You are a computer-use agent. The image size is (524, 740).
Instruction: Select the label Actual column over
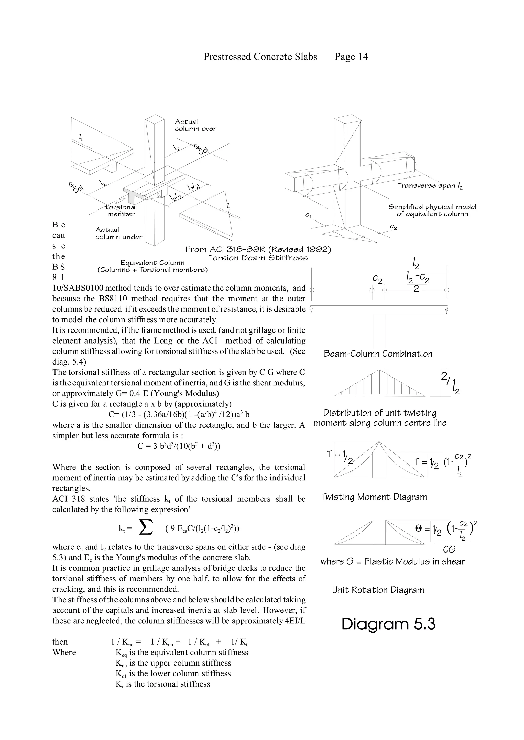click(195, 125)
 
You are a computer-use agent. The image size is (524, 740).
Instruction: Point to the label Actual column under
click(118, 233)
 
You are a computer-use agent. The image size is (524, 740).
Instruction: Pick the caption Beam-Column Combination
click(378, 354)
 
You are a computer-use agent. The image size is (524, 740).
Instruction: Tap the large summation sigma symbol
click(145, 528)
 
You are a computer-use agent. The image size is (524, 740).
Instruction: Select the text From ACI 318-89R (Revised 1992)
click(258, 249)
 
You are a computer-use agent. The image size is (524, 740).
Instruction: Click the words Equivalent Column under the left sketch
click(152, 263)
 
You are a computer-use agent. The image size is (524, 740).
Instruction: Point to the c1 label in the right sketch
click(308, 215)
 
